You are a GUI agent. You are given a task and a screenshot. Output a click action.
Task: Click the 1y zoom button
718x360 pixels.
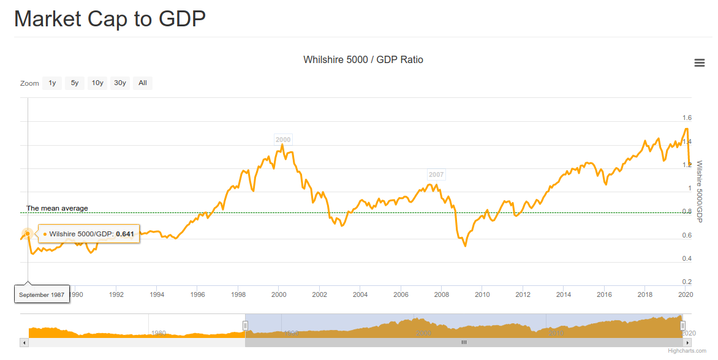coord(52,83)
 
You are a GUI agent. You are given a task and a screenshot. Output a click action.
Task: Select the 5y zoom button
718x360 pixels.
coord(75,83)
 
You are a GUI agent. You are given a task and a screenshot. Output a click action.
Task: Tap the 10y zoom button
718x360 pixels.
coord(97,83)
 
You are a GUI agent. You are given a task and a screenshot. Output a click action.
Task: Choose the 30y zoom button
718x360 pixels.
coord(120,83)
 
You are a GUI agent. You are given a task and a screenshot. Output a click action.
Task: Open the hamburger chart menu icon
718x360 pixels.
coord(699,62)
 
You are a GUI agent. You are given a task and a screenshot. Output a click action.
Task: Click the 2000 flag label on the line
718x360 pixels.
coord(283,140)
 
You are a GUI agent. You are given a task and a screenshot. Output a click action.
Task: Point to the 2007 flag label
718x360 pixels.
coord(436,174)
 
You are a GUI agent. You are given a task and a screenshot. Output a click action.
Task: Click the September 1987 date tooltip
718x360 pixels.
coord(42,294)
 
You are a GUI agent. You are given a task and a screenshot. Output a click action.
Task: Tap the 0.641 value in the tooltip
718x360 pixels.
coord(125,234)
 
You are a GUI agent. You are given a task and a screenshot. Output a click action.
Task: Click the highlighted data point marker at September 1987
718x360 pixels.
coord(28,234)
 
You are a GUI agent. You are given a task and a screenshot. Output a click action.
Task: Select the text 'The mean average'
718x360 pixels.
coord(57,208)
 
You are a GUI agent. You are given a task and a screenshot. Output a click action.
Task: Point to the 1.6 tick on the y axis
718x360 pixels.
coord(687,118)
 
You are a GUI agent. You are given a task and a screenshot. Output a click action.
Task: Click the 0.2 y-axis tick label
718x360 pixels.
coord(687,282)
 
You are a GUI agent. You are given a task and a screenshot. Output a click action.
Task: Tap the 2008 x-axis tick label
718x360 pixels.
coord(441,294)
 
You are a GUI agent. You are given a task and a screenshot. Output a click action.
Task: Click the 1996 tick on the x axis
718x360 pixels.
coord(197,294)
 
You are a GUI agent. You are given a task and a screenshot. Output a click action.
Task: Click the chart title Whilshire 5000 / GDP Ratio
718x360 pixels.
coord(363,59)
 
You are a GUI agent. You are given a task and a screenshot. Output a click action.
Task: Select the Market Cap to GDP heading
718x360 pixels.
coord(110,18)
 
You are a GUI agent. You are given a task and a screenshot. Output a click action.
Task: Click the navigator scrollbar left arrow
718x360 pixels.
coord(25,343)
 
